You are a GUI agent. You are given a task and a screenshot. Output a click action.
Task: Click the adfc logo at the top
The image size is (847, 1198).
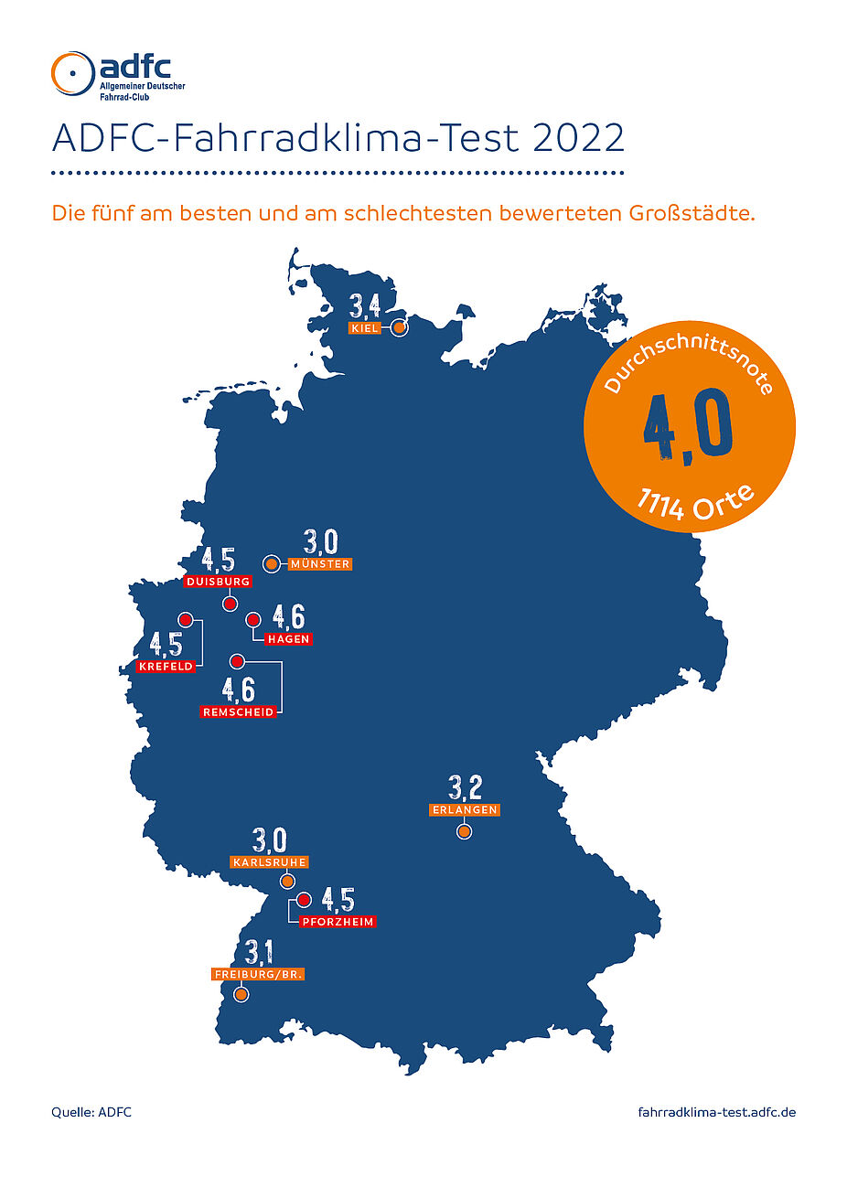118,75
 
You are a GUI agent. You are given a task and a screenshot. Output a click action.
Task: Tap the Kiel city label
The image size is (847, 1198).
364,328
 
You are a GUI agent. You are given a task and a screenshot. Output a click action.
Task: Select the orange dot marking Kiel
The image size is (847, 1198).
399,327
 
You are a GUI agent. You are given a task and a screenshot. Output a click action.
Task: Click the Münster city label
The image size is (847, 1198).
319,564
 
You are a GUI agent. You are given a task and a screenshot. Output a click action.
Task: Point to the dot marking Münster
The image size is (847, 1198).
271,564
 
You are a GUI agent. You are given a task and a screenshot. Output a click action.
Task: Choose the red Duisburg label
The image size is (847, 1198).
218,582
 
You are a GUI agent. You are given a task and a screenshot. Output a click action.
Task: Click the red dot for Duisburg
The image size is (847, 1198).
231,604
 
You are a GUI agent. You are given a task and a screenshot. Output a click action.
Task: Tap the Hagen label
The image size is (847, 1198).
288,639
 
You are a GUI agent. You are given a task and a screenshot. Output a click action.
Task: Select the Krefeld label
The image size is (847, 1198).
166,667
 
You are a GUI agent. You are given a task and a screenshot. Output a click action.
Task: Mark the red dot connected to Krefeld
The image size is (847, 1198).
186,619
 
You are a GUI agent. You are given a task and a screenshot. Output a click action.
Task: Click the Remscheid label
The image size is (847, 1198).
238,711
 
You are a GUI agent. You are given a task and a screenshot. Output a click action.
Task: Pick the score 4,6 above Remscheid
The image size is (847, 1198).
239,689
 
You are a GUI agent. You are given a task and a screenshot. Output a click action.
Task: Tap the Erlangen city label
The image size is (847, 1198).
465,810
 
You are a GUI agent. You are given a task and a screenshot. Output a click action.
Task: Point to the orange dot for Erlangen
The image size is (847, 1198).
465,831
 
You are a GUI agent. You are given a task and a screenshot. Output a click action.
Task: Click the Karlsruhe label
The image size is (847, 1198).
269,862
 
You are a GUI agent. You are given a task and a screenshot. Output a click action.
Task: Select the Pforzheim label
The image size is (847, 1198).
338,922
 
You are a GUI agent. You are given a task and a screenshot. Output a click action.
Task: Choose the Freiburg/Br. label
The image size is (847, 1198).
258,975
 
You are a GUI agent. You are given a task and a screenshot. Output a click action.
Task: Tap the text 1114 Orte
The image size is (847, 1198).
695,504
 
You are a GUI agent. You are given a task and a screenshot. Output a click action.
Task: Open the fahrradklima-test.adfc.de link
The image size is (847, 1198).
716,1112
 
